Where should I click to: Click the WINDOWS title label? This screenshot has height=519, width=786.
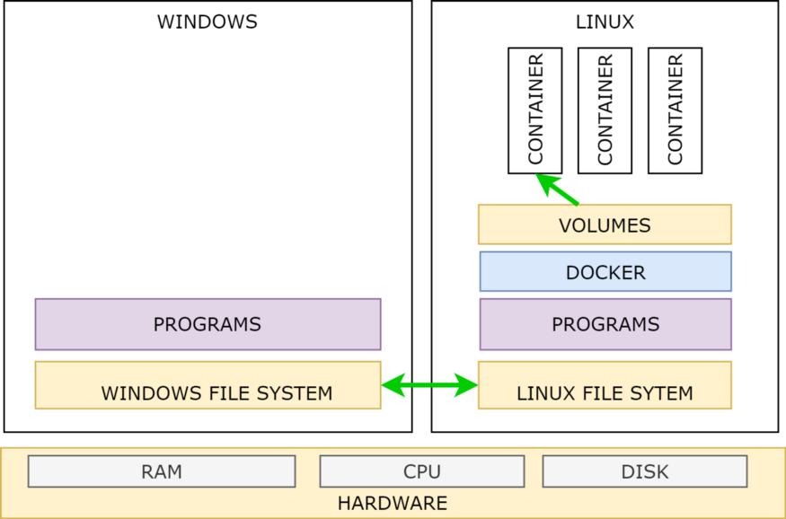208,22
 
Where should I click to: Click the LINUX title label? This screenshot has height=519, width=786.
605,22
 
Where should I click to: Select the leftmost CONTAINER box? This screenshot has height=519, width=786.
535,110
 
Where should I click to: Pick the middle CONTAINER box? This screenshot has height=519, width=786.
605,110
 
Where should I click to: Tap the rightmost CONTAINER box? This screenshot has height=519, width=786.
675,110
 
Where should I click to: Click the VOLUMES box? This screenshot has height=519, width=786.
605,224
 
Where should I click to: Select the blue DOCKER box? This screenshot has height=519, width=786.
605,272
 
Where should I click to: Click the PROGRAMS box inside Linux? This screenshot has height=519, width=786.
605,324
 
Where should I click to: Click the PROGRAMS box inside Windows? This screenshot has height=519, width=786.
208,324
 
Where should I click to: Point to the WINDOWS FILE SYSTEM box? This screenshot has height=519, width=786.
208,385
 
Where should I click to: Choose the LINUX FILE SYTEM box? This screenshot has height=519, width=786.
605,385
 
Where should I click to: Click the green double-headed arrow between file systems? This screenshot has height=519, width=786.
429,386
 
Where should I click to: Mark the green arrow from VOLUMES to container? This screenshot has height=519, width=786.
559,189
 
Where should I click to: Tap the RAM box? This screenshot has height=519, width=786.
162,471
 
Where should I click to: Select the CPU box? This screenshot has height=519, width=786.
421,471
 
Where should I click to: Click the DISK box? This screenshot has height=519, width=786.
644,471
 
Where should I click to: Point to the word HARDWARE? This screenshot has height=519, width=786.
393,504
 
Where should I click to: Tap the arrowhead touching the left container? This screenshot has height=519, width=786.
543,179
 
